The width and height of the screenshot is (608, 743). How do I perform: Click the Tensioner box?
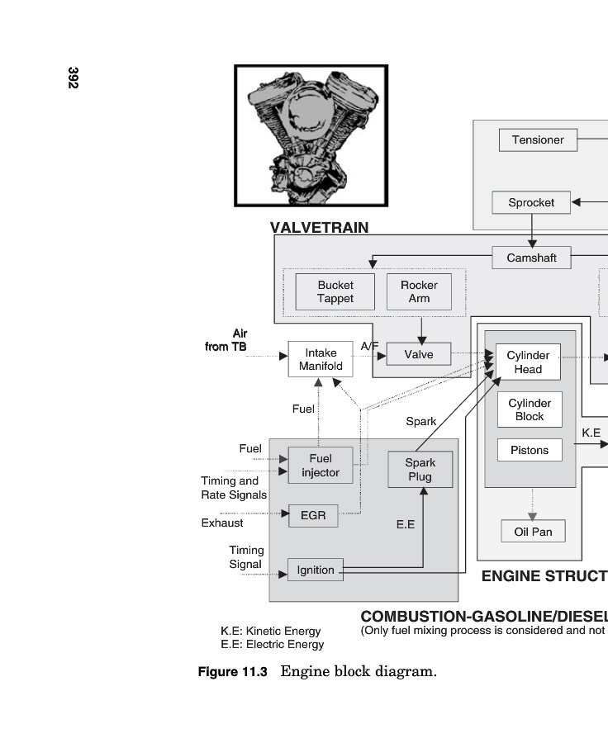(x=538, y=140)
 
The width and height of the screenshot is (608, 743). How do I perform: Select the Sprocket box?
(x=531, y=202)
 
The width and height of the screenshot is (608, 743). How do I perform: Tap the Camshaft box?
(x=531, y=258)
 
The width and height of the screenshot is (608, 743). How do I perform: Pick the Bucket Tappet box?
(x=335, y=291)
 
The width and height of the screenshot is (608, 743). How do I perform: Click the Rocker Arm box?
(x=419, y=291)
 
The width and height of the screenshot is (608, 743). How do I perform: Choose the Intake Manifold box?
(x=321, y=359)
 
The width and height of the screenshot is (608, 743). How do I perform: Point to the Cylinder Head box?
(x=528, y=362)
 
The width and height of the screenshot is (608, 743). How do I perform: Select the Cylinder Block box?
(x=530, y=409)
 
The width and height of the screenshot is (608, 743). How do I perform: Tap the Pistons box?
(x=530, y=450)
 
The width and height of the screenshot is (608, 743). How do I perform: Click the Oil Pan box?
(x=533, y=532)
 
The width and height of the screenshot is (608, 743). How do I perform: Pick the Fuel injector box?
(x=321, y=466)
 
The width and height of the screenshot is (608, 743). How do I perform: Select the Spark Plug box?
(x=420, y=470)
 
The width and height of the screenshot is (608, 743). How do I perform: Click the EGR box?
(x=313, y=516)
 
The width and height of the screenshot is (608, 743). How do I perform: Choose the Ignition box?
(x=316, y=570)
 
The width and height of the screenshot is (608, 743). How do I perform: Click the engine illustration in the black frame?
(x=311, y=136)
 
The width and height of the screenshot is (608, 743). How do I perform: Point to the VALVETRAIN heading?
(x=319, y=228)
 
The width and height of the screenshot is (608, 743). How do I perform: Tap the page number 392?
(x=73, y=78)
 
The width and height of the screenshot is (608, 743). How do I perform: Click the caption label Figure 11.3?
(x=232, y=672)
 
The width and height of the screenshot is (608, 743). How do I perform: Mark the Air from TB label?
(x=226, y=340)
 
